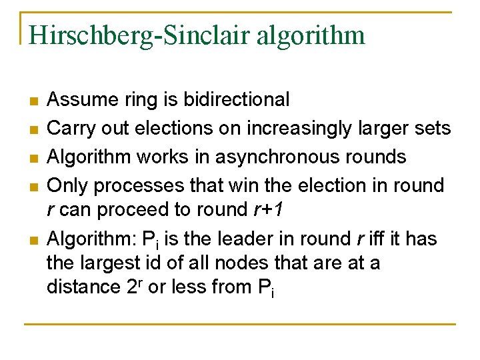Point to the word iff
coord(377,238)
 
